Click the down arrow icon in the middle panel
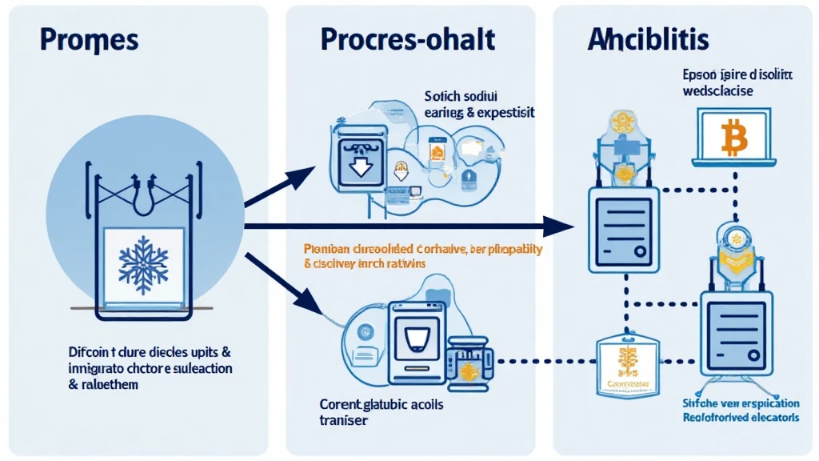point(358,166)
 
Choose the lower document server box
point(737,329)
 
